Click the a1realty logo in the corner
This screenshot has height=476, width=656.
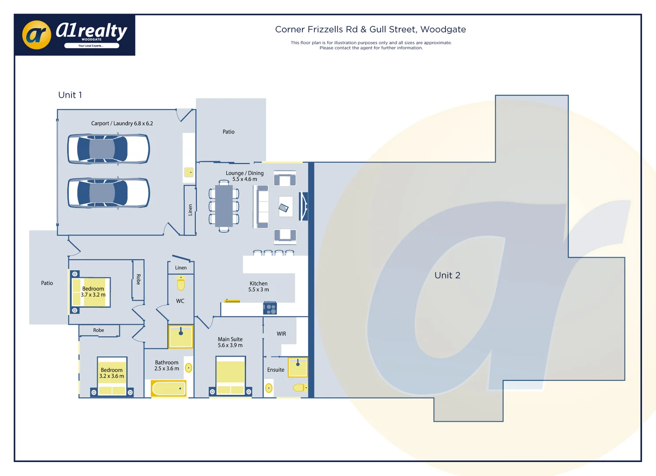75,34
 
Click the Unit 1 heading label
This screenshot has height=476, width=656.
70,95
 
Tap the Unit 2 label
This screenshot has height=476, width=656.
447,275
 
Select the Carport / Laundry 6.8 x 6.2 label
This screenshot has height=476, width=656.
122,123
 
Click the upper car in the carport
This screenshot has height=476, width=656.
109,149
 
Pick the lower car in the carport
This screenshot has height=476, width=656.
109,193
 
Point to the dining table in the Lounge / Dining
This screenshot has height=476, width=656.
224,206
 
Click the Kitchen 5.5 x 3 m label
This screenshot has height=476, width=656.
259,286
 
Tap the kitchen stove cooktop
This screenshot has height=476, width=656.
270,308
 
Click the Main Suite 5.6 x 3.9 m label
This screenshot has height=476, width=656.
230,342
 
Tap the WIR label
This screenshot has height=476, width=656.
281,334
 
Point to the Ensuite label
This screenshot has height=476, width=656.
276,370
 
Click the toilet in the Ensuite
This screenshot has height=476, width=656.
300,388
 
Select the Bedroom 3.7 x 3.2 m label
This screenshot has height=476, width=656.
93,292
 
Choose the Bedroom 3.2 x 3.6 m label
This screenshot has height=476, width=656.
112,373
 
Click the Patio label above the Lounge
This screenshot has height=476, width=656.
229,132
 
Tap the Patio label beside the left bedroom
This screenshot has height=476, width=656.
47,283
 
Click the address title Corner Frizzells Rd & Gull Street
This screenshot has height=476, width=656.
370,30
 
